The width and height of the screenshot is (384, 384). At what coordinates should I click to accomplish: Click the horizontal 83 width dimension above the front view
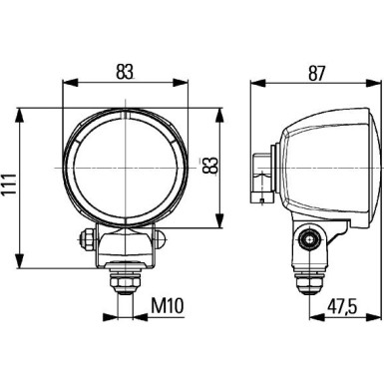pos(124,71)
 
